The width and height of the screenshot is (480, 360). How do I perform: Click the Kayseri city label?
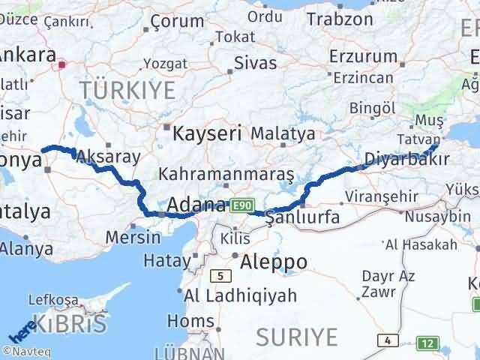click(x=207, y=134)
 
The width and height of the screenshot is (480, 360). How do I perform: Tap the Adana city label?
click(x=196, y=205)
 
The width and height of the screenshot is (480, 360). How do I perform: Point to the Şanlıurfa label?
click(x=304, y=217)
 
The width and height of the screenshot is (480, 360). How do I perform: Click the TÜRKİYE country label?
click(x=127, y=91)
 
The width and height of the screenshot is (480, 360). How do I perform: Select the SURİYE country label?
click(x=297, y=337)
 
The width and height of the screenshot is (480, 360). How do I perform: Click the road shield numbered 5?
click(x=220, y=275)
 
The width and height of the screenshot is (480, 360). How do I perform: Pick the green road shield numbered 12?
click(x=427, y=343)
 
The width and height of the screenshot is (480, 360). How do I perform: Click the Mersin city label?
click(x=133, y=238)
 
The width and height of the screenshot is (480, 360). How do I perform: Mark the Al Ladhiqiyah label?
click(x=230, y=295)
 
